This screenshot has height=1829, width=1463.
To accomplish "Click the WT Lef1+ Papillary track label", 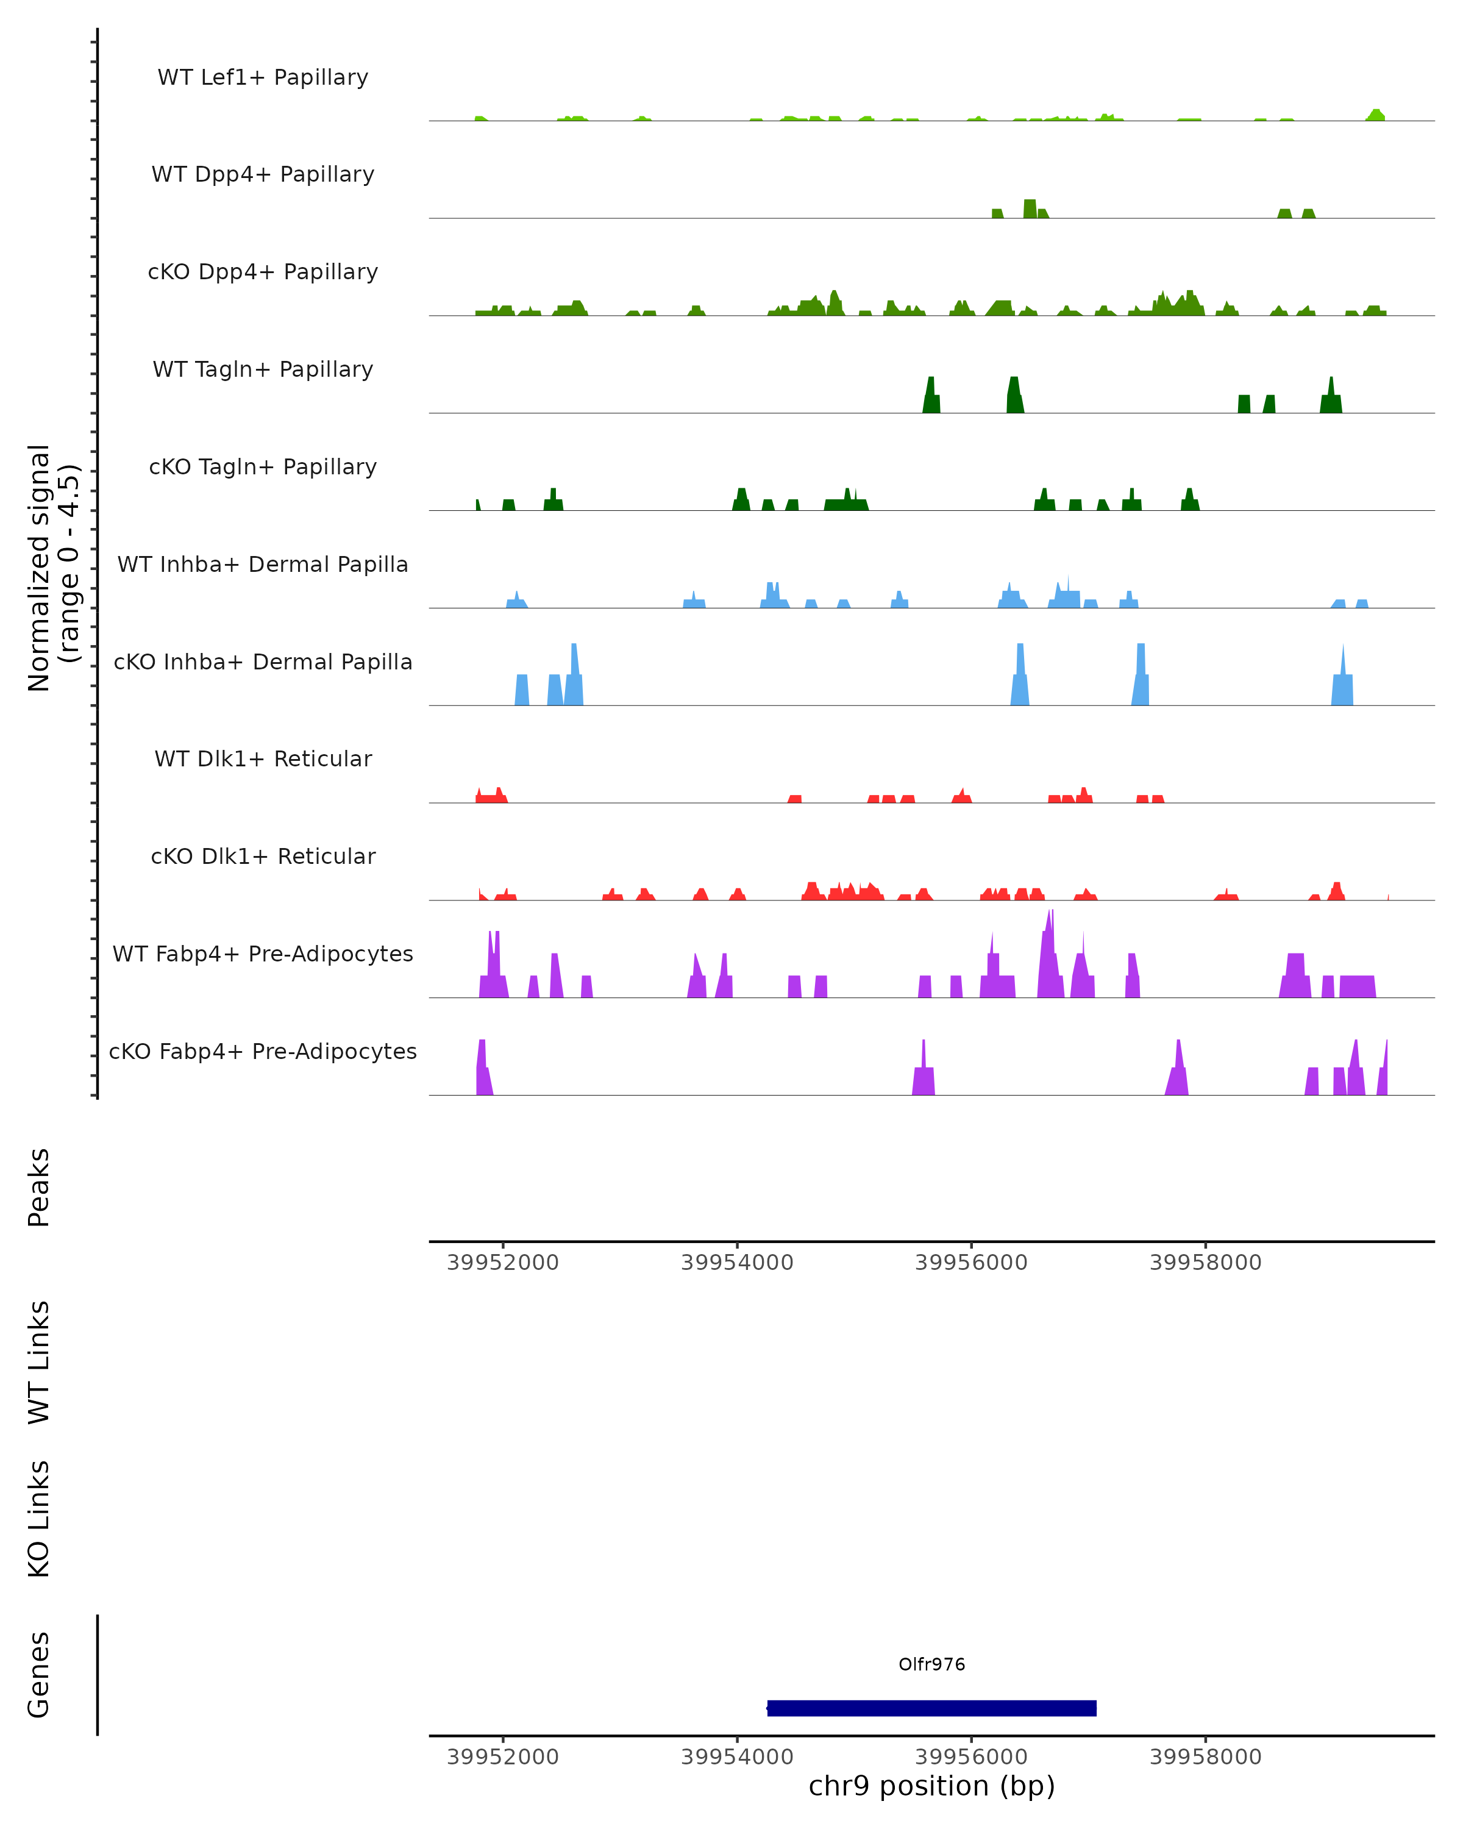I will point(263,77).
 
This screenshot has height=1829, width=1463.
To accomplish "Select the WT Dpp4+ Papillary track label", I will point(263,175).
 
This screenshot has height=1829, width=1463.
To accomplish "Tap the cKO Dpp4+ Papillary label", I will point(263,273).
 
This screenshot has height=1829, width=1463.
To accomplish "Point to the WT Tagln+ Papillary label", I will point(263,370).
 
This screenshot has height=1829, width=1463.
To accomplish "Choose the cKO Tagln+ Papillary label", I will point(263,468).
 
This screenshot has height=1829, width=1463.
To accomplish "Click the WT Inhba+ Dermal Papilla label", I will point(263,565).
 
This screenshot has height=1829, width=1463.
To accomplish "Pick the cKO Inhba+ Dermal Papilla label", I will point(263,663).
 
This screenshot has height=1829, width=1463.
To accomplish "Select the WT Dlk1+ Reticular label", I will point(263,759).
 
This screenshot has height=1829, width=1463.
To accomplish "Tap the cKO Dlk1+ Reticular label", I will point(263,857).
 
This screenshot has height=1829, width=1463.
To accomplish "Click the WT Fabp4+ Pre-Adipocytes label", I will point(263,954).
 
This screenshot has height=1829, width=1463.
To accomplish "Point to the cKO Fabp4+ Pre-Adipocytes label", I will point(263,1052).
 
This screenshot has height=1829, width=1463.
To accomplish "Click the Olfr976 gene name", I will point(931,1664).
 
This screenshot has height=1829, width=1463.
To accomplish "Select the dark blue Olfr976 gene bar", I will point(931,1708).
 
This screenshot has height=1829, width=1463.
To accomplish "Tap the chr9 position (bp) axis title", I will point(931,1786).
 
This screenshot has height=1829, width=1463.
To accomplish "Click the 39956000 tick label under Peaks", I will point(971,1263).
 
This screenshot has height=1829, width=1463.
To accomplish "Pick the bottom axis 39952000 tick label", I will point(503,1757).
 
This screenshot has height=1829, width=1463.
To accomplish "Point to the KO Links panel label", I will point(39,1519).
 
